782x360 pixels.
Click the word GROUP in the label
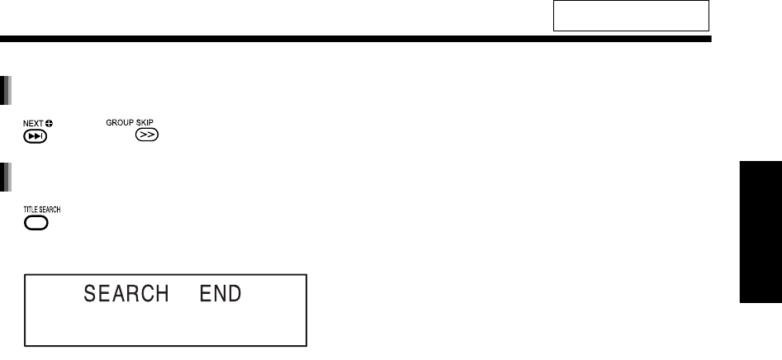point(119,122)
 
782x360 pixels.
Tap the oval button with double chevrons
point(146,135)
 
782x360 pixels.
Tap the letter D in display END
point(236,293)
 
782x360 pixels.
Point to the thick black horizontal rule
point(355,39)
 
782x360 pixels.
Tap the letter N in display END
point(219,293)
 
